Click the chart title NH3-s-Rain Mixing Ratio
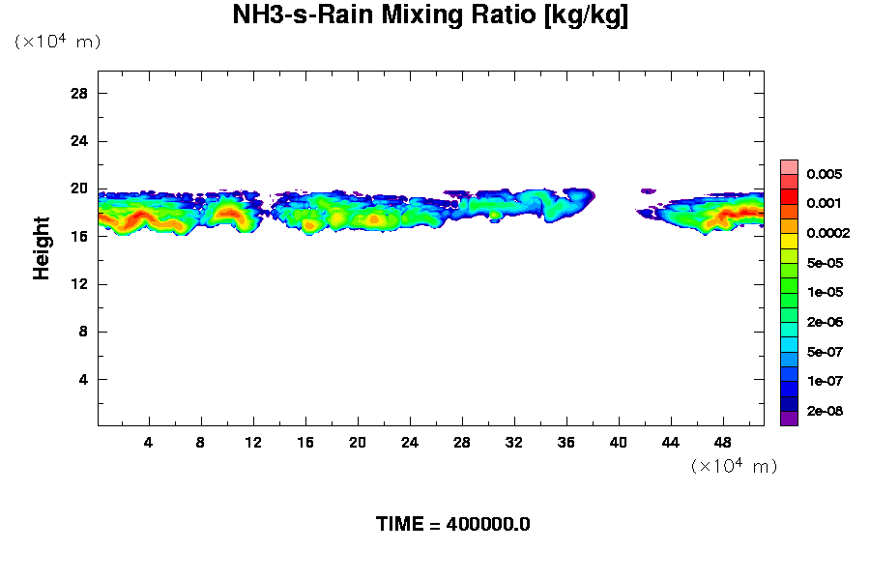430,16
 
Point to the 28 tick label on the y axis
79,94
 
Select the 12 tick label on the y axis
79,284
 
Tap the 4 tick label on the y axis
83,379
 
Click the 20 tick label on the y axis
79,188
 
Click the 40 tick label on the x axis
619,443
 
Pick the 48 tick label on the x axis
723,443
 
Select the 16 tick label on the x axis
305,443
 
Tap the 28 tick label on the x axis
462,443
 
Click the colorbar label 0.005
824,175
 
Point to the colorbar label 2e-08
824,412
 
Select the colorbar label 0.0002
827,234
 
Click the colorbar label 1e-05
824,293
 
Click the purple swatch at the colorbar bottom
789,419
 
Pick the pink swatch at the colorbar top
789,166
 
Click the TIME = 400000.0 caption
452,525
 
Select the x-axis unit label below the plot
734,467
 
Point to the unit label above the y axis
57,43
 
